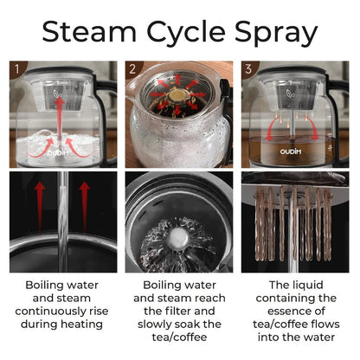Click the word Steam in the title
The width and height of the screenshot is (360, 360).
click(89, 31)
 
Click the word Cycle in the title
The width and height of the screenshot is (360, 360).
click(186, 33)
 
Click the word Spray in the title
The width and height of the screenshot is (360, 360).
click(276, 33)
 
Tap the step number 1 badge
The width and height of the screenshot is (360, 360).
click(16, 68)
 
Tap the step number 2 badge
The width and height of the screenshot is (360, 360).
click(132, 68)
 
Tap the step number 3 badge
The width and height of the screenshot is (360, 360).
click(248, 68)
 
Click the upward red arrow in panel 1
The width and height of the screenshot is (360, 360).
click(60, 119)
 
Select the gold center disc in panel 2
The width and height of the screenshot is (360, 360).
click(177, 95)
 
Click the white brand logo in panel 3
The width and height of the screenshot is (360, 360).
click(291, 151)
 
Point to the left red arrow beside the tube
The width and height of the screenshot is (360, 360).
click(40, 207)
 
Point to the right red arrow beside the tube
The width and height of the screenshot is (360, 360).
click(84, 207)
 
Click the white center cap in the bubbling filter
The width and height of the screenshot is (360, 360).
click(177, 237)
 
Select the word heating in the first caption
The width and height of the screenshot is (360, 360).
click(81, 325)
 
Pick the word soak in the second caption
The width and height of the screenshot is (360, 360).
click(189, 325)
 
